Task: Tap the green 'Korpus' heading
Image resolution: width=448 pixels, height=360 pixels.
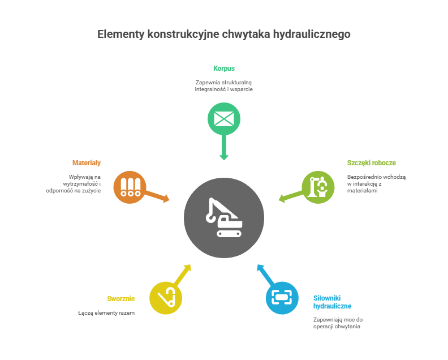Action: click(x=224, y=68)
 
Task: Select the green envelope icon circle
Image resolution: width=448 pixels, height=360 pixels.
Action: click(x=224, y=119)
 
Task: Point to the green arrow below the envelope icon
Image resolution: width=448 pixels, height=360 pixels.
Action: click(x=224, y=149)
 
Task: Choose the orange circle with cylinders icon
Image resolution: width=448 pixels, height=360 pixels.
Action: click(x=130, y=187)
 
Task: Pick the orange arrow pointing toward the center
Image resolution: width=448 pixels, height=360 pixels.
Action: click(x=158, y=196)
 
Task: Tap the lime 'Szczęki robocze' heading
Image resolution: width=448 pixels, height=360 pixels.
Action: click(x=372, y=163)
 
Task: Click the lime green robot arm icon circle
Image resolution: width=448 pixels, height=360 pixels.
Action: click(x=318, y=187)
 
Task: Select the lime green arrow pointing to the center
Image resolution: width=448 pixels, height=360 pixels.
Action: click(x=290, y=196)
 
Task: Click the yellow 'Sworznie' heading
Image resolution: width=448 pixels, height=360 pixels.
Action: click(x=121, y=299)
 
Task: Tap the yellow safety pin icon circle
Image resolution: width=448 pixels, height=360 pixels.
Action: click(x=166, y=298)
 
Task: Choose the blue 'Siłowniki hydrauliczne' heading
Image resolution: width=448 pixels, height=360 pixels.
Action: click(x=333, y=302)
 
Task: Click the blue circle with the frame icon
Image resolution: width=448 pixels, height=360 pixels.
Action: click(x=282, y=298)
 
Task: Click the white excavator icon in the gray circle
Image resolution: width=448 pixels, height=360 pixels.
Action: click(x=224, y=218)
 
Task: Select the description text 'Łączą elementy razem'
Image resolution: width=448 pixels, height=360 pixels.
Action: click(x=106, y=312)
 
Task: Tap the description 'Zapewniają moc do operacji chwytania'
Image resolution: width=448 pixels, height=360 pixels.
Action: click(x=338, y=323)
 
